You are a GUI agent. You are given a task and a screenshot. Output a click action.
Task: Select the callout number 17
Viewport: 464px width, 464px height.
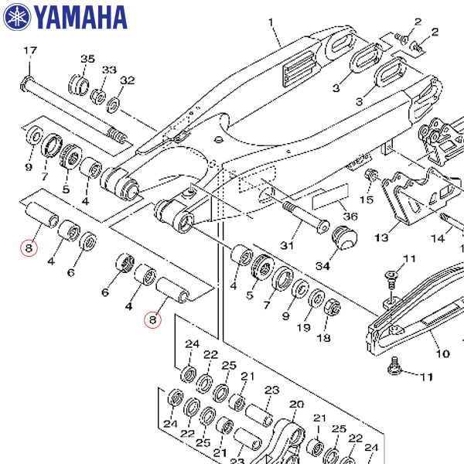coord(29,52)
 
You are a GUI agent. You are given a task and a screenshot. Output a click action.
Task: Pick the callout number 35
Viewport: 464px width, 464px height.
coord(87,60)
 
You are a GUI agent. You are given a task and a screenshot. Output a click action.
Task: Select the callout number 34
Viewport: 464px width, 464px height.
coord(322,266)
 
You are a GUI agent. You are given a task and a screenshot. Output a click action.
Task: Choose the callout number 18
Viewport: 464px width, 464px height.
coord(322,338)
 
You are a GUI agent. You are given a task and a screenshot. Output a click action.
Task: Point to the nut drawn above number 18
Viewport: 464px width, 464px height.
coord(333,305)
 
